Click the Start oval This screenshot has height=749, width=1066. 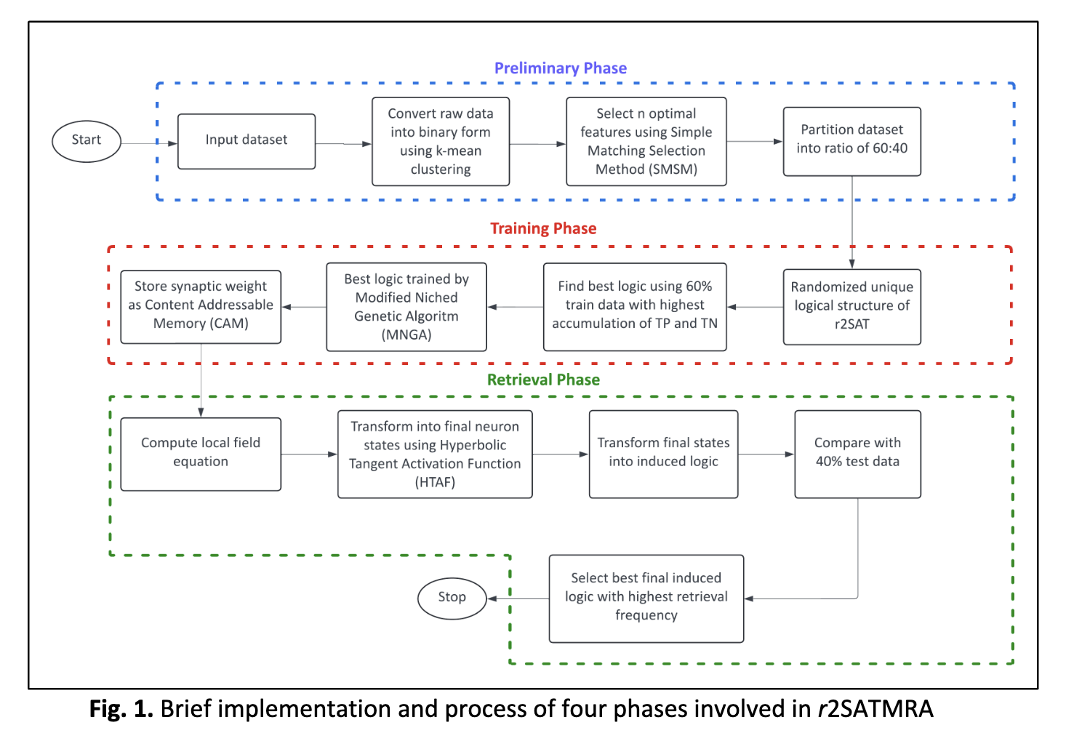tap(86, 141)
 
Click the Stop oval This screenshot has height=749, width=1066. tap(452, 598)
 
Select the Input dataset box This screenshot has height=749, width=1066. tap(247, 141)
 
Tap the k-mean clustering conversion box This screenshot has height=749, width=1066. tap(441, 141)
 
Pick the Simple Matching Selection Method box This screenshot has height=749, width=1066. tap(646, 141)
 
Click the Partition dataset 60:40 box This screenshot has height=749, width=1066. tap(851, 141)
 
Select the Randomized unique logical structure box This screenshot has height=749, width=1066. tap(851, 307)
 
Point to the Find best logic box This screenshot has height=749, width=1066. tap(635, 307)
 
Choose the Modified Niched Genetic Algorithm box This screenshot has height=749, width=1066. tap(406, 307)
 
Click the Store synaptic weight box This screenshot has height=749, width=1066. tap(201, 307)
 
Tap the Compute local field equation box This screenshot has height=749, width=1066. tap(201, 454)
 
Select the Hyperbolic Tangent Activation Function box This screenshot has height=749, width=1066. tap(435, 454)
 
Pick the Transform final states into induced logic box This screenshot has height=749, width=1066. tap(663, 454)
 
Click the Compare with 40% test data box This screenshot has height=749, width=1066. tap(857, 454)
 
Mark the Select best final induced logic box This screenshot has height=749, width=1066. tap(646, 598)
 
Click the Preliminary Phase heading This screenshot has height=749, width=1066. tap(561, 68)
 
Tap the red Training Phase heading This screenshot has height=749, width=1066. tap(543, 228)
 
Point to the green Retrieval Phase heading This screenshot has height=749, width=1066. tap(543, 380)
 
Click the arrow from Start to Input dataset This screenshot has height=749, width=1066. tap(149, 143)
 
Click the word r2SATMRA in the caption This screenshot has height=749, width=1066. tap(875, 708)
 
